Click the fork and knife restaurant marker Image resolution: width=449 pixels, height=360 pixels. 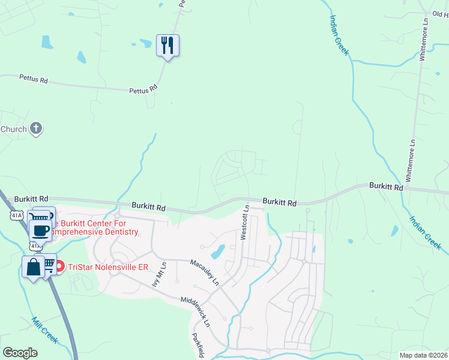[168, 45]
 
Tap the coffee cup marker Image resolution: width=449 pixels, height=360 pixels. [40, 230]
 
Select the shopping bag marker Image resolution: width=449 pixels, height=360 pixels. [33, 266]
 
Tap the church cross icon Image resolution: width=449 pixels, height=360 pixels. [36, 128]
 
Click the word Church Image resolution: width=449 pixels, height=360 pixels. [13, 129]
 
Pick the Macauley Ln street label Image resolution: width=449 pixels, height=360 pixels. [205, 272]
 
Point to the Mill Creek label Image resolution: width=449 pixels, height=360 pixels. [46, 330]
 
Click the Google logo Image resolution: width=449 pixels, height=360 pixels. [20, 353]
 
